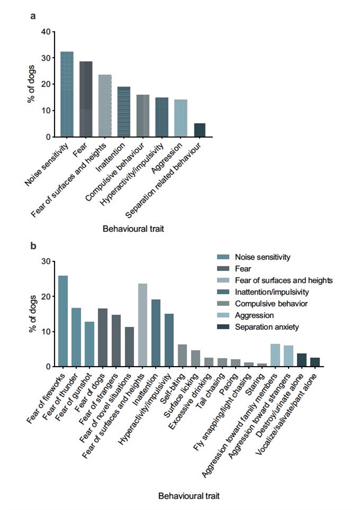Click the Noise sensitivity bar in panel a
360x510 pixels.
tap(67, 94)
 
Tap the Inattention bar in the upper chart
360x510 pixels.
tap(124, 112)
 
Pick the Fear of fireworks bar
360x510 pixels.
tap(63, 321)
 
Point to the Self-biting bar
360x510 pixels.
tap(182, 355)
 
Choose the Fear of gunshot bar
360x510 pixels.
tap(89, 344)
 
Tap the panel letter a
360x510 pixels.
tap(33, 17)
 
